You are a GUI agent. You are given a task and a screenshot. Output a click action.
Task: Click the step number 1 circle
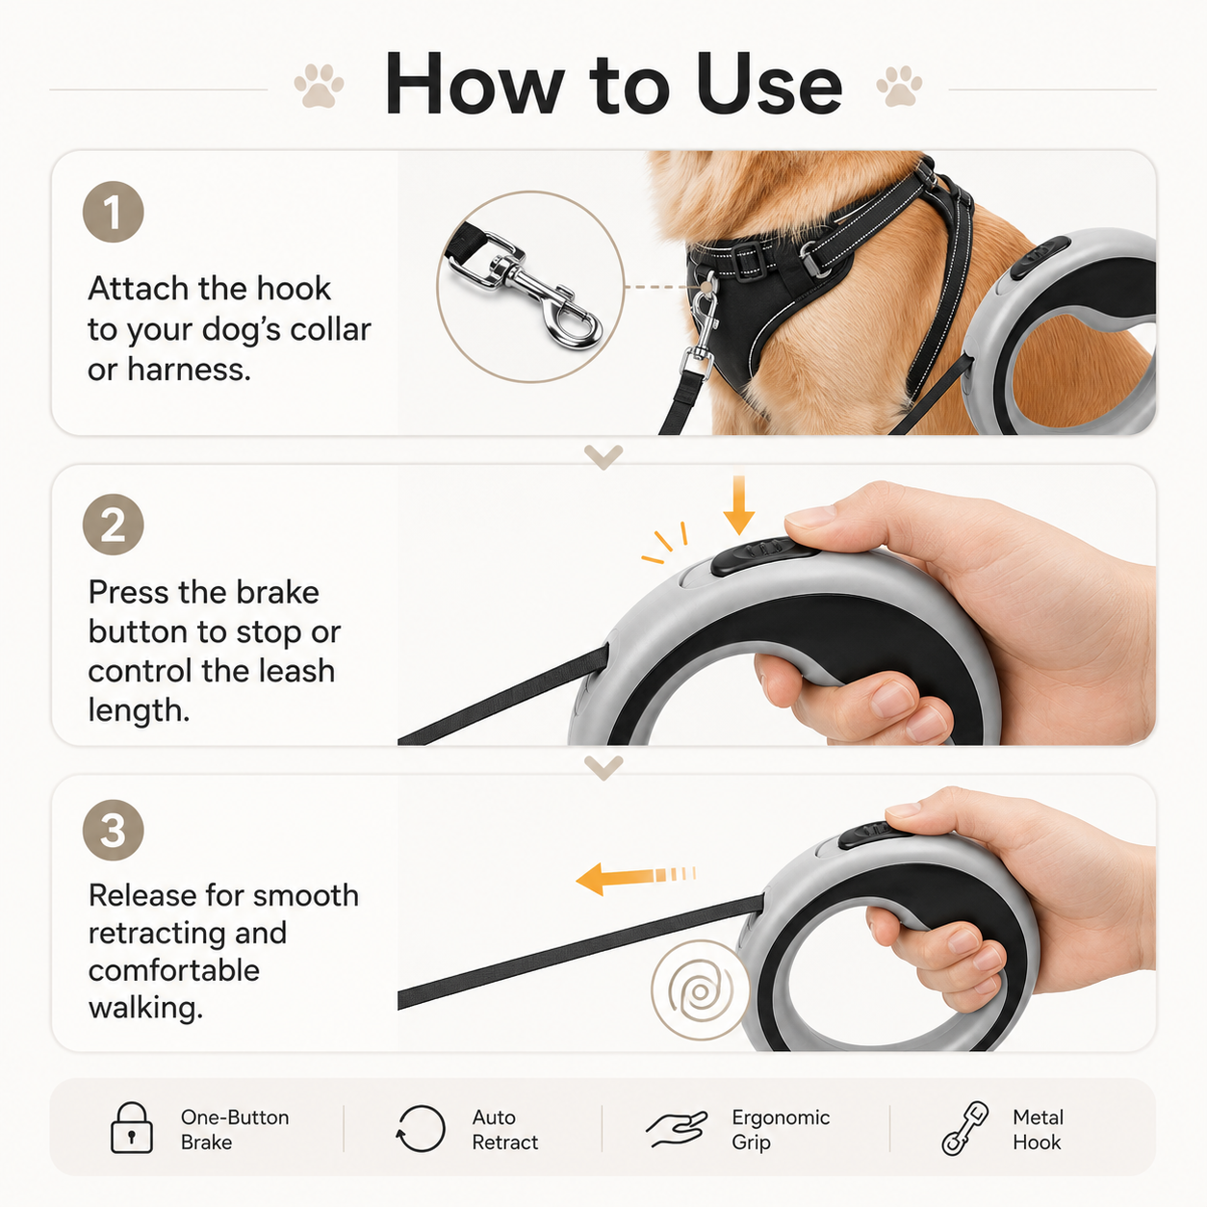pyautogui.click(x=114, y=212)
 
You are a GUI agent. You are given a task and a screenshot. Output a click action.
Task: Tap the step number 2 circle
pyautogui.click(x=114, y=525)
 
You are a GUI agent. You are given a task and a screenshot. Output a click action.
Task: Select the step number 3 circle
pyautogui.click(x=114, y=830)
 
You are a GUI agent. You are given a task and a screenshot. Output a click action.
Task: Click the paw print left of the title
pyautogui.click(x=319, y=86)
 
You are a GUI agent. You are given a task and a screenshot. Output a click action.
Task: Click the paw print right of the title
pyautogui.click(x=899, y=86)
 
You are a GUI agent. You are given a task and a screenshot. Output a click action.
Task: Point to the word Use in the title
pyautogui.click(x=769, y=85)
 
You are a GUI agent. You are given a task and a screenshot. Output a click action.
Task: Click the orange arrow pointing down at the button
pyautogui.click(x=739, y=505)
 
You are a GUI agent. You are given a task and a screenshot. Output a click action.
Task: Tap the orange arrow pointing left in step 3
pyautogui.click(x=634, y=878)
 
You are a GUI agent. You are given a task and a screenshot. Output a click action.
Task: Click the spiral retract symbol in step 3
pyautogui.click(x=701, y=990)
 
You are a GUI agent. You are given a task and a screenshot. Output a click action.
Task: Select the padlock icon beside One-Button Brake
pyautogui.click(x=132, y=1128)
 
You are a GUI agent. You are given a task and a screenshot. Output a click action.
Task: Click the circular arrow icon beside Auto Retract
pyautogui.click(x=421, y=1129)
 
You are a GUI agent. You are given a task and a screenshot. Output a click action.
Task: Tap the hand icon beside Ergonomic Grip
pyautogui.click(x=677, y=1129)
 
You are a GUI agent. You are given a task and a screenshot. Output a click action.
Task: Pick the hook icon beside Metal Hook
pyautogui.click(x=964, y=1129)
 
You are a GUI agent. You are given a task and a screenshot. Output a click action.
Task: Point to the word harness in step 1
pyautogui.click(x=189, y=370)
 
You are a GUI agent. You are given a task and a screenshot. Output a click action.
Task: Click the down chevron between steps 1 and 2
pyautogui.click(x=603, y=456)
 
